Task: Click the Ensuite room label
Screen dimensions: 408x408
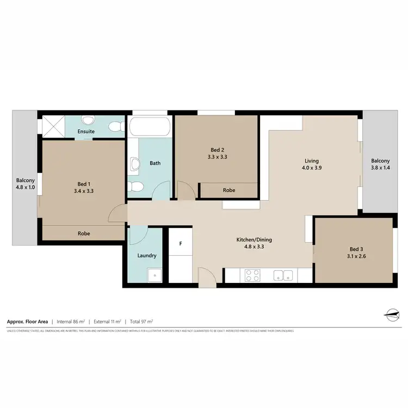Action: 86,131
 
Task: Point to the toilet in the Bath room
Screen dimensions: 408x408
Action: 136,187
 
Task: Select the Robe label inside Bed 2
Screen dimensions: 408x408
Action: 229,190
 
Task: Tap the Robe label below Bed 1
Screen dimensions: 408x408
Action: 84,233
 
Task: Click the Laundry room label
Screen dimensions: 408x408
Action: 147,255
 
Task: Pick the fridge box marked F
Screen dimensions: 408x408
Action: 181,244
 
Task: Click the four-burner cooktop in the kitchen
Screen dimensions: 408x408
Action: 252,275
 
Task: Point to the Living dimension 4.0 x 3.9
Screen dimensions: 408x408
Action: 311,168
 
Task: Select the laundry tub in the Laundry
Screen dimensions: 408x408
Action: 155,275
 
